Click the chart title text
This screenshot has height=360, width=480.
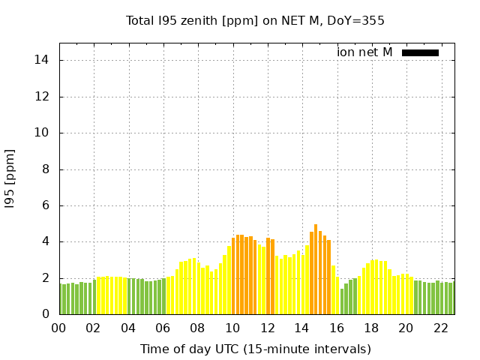tap(255, 20)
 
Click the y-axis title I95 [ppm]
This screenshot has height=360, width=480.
tap(10, 178)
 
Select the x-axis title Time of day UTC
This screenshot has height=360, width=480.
tap(255, 349)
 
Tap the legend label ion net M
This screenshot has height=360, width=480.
tap(364, 52)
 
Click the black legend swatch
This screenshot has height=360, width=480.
tap(420, 52)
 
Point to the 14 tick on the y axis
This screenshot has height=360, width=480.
tap(44, 60)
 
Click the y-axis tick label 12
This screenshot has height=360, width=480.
tap(44, 97)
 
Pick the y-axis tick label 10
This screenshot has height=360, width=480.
tap(44, 133)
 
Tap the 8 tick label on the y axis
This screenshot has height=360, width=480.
tap(47, 169)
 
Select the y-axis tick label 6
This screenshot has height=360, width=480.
tap(47, 205)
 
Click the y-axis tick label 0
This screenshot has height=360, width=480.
tap(47, 314)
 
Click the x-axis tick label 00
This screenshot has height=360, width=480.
tap(58, 328)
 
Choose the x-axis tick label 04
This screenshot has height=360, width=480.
tap(128, 328)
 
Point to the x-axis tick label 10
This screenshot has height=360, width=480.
tap(232, 328)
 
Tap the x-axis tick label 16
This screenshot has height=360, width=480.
tap(337, 328)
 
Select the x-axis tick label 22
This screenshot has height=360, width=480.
tap(441, 328)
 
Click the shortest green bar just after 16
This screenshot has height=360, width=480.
tap(342, 301)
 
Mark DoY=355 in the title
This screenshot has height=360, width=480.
tap(358, 20)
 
